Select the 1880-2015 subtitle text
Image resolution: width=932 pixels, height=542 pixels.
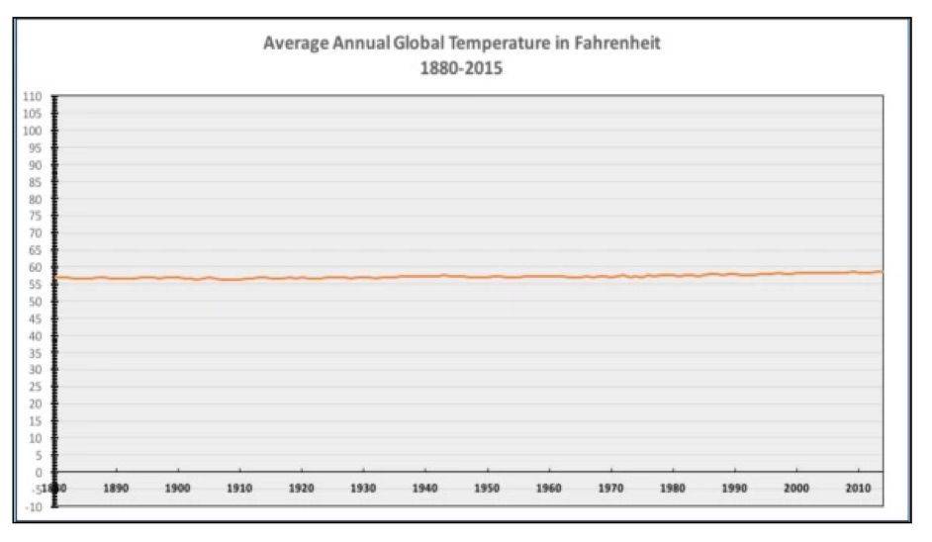[x=462, y=68]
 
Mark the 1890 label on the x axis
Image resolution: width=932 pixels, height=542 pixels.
[x=116, y=489]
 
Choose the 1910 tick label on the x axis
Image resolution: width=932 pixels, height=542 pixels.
[x=239, y=489]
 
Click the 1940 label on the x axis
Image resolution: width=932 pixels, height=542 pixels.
[x=424, y=489]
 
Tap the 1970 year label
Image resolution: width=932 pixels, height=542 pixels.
[x=610, y=489]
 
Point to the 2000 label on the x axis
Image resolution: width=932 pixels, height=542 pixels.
[x=796, y=489]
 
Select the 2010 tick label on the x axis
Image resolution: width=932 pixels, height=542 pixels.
[x=858, y=489]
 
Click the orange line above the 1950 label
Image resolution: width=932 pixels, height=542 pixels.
[x=487, y=276]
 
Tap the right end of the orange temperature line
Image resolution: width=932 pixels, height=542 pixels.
[x=881, y=272]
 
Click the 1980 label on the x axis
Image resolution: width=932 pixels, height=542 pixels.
[x=673, y=489]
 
